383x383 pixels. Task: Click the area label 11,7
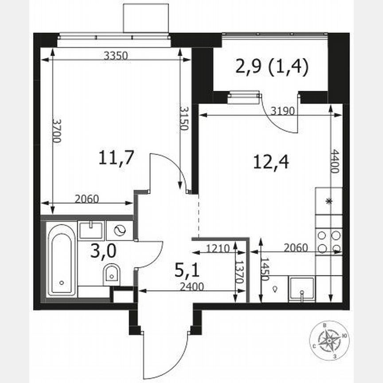pyautogui.click(x=116, y=158)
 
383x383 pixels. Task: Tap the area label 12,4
pyautogui.click(x=271, y=163)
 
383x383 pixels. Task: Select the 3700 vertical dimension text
pyautogui.click(x=57, y=129)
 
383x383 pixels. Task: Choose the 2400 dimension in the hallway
pyautogui.click(x=191, y=286)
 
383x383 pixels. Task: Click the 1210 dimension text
pyautogui.click(x=218, y=248)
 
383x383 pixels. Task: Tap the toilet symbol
pyautogui.click(x=111, y=274)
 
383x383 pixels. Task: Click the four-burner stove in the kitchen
pyautogui.click(x=329, y=242)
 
